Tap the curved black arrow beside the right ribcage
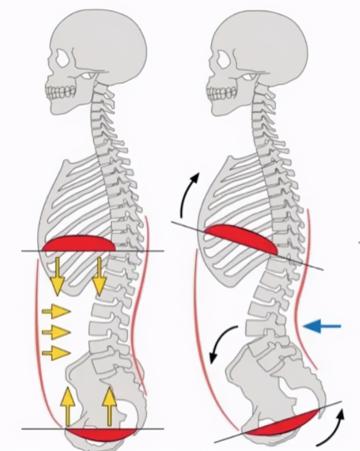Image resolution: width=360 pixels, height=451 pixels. pos(188,195)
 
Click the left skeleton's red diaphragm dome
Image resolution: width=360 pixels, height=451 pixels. pos(79,244)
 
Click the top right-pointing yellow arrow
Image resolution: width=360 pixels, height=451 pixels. pos(56,312)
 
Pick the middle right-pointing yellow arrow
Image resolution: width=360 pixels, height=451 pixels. pos(56,332)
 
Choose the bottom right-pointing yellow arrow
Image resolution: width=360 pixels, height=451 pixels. pos(56,353)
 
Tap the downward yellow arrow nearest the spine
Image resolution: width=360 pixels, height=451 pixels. pos(99,277)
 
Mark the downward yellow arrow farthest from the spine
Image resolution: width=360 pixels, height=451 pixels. pos(57,277)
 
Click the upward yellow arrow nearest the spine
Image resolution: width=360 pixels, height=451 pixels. pos(109,406)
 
